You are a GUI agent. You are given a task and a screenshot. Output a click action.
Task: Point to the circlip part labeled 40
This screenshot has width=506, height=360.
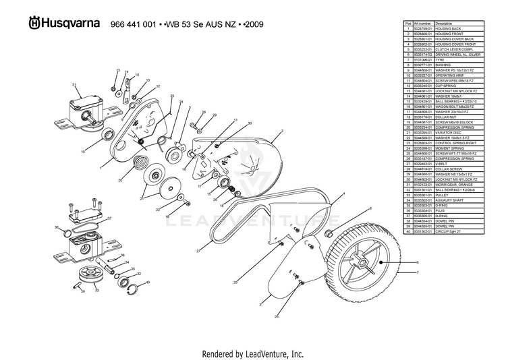coord(134,289)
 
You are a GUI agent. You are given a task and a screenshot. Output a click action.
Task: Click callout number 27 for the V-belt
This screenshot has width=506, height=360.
coord(199,251)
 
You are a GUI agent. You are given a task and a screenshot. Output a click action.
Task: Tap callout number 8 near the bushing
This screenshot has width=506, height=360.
coord(370,210)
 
